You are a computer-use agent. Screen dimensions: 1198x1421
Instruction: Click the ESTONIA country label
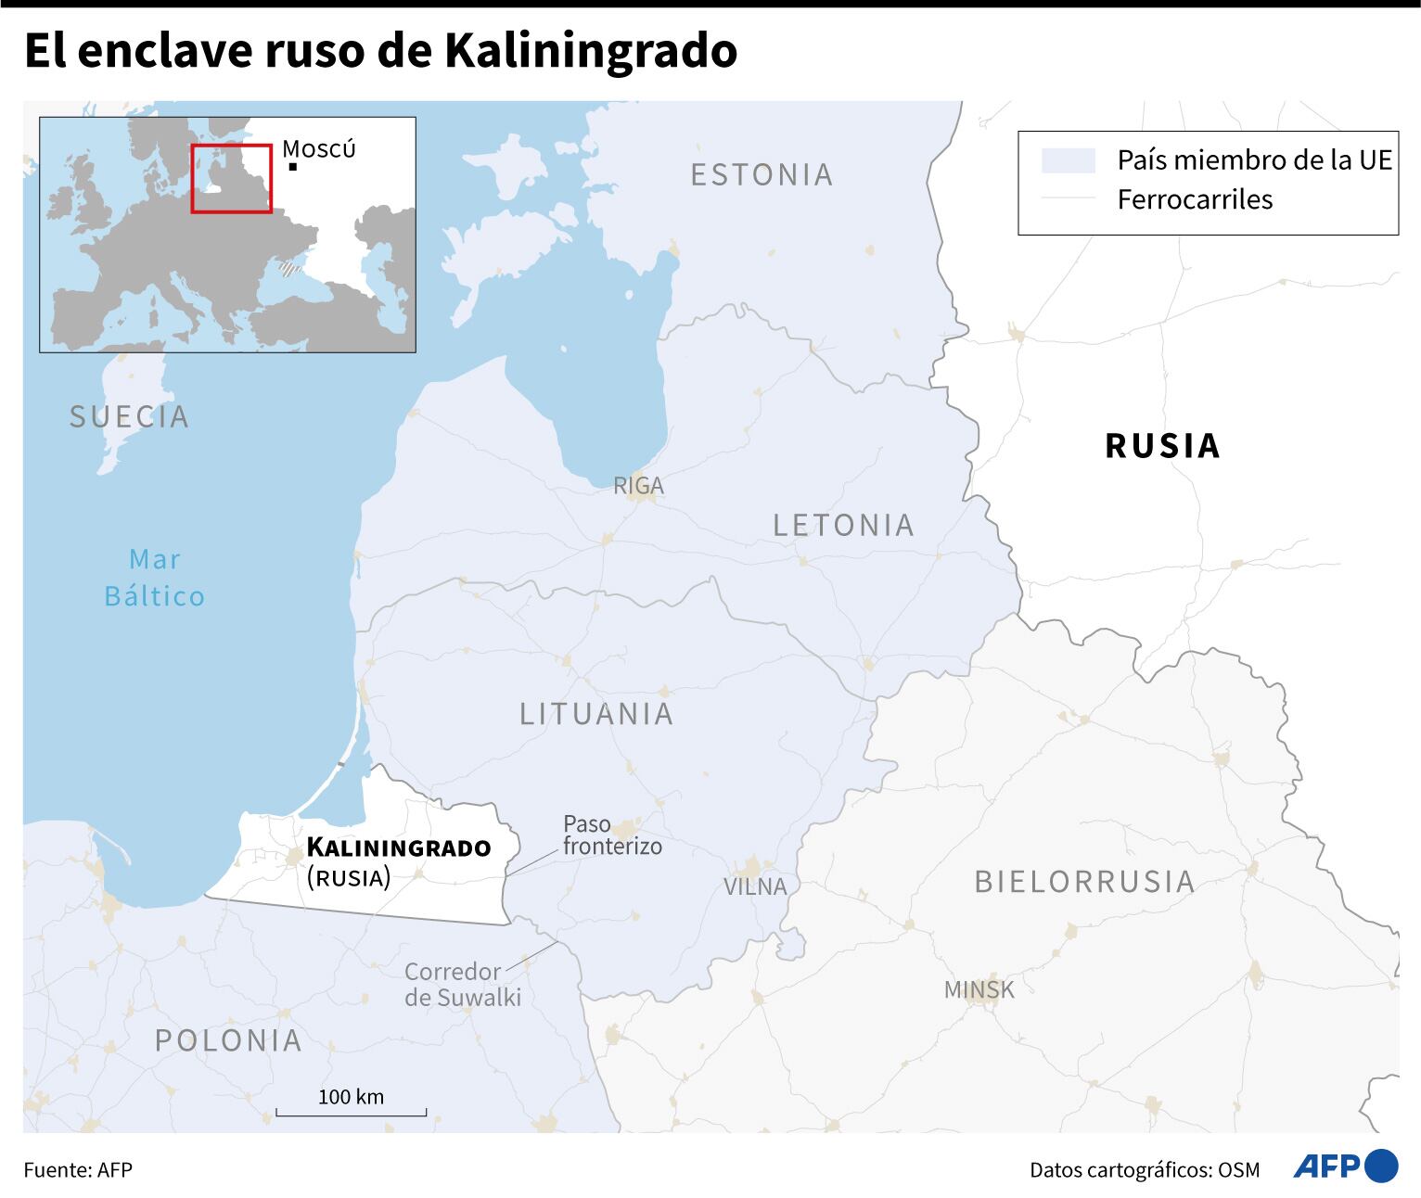[x=762, y=174]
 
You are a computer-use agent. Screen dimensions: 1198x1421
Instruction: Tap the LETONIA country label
[x=843, y=525]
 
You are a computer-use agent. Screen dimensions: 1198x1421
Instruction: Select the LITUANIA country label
[x=596, y=713]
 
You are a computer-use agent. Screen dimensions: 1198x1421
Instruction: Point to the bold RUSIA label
[x=1162, y=446]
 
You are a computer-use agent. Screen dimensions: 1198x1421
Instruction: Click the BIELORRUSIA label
[x=1084, y=881]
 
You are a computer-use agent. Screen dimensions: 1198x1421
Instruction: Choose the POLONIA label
[x=228, y=1040]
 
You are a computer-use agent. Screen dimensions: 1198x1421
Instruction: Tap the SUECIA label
[x=130, y=416]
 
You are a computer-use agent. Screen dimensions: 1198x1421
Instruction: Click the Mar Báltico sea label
[x=155, y=578]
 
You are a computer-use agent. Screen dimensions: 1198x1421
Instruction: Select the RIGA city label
[x=638, y=485]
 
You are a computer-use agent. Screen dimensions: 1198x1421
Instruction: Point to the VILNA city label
[x=755, y=886]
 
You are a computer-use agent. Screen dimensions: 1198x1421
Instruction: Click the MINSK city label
[x=979, y=990]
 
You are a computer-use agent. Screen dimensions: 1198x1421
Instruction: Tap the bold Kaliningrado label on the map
[x=399, y=848]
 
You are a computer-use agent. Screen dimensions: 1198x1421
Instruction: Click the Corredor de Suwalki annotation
[x=463, y=985]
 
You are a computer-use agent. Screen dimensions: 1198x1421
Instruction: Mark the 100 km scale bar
[x=351, y=1110]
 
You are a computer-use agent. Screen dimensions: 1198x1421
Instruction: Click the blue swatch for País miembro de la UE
[x=1068, y=160]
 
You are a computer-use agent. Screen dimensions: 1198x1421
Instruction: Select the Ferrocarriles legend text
[x=1195, y=199]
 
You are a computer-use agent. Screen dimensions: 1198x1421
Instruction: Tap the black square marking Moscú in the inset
[x=292, y=167]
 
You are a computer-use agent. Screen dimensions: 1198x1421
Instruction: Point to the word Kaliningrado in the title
[x=591, y=51]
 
